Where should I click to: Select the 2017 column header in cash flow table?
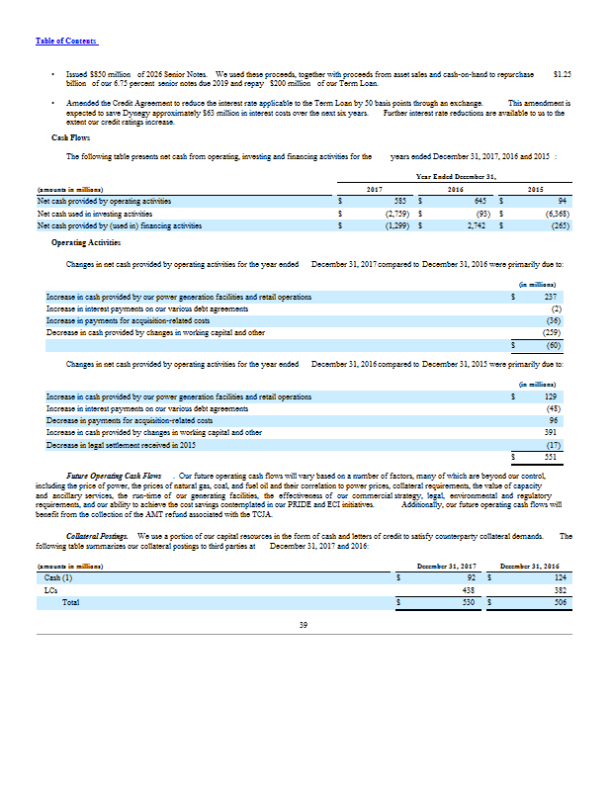pyautogui.click(x=375, y=188)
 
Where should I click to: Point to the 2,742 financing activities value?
pyautogui.click(x=480, y=225)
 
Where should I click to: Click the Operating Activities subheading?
pyautogui.click(x=86, y=241)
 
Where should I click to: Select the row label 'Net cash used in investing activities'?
pyautogui.click(x=95, y=213)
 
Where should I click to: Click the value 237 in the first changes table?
pyautogui.click(x=553, y=297)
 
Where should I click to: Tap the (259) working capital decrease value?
pyautogui.click(x=553, y=332)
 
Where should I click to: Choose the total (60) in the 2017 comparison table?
pyautogui.click(x=554, y=345)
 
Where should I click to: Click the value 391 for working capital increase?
pyautogui.click(x=553, y=432)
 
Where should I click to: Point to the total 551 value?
pyautogui.click(x=553, y=457)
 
